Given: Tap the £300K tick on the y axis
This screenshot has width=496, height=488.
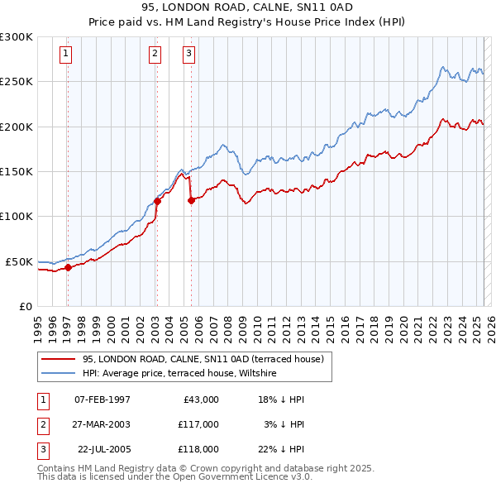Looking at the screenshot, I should (17, 37).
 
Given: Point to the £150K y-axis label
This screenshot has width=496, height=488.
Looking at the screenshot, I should (17, 171).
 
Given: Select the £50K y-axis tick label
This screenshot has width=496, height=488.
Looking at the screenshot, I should (19, 261).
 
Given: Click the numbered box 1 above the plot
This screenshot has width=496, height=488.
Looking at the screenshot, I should (65, 55).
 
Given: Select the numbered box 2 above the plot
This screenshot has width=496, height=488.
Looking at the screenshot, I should (155, 55).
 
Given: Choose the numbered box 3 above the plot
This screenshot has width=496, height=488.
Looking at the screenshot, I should (188, 55).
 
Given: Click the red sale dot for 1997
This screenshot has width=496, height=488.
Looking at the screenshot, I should (69, 267).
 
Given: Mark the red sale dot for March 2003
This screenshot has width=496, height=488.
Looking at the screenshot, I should (157, 201).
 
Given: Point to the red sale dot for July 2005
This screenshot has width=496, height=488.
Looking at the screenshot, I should (191, 200).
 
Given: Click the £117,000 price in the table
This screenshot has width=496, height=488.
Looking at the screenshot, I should (198, 424).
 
